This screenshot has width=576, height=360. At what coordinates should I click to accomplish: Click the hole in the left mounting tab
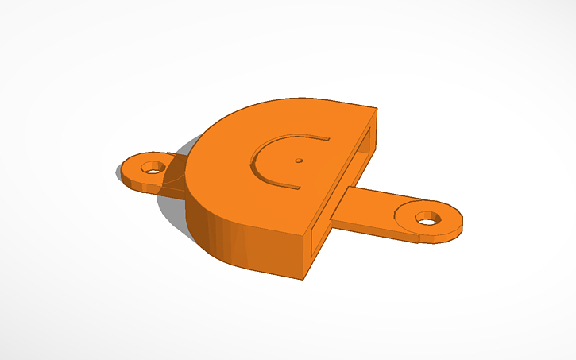[150, 168]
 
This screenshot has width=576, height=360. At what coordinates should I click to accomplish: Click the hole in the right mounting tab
[428, 216]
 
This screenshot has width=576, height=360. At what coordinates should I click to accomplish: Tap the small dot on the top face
[299, 160]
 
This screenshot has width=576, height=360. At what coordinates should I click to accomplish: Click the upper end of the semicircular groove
[327, 139]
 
